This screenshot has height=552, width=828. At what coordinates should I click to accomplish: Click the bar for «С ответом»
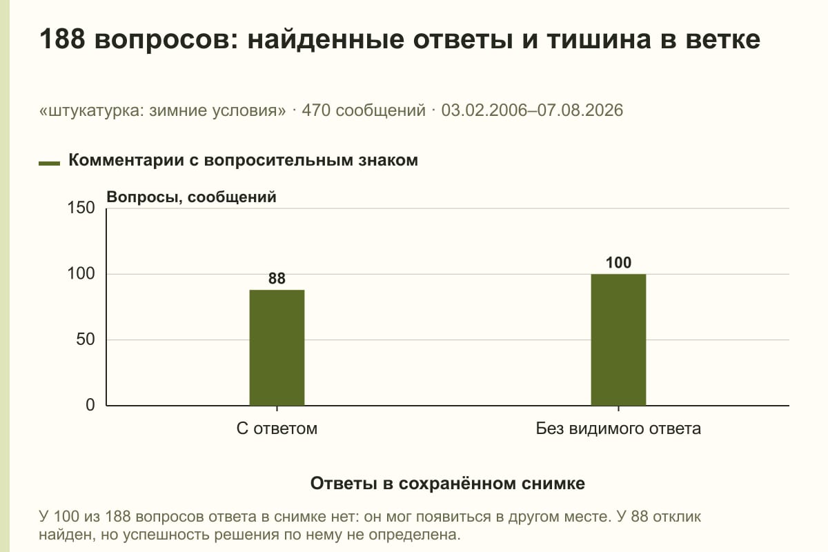tap(277, 348)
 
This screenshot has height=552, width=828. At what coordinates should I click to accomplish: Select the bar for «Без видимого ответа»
tap(618, 339)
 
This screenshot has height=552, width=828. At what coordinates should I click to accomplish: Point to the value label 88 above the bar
tap(277, 278)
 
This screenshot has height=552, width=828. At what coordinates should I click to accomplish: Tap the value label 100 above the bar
tap(618, 262)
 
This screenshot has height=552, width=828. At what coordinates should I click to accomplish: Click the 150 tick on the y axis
tap(81, 208)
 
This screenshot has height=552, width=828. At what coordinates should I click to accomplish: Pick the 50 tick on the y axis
tap(86, 339)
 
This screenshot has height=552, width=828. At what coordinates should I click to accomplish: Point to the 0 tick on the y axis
tap(90, 405)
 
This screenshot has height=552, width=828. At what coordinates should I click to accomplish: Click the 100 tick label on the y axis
tap(81, 274)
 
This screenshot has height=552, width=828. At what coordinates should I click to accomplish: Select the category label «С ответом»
tap(277, 428)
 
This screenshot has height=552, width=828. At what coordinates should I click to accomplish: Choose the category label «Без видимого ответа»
tap(618, 428)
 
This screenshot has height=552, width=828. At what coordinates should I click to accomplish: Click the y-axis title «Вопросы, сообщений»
tap(192, 197)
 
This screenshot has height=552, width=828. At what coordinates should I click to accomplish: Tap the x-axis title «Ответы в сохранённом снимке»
tap(448, 483)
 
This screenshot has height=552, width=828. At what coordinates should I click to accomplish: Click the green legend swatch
tap(49, 163)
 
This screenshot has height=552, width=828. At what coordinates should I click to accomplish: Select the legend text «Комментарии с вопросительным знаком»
tap(243, 160)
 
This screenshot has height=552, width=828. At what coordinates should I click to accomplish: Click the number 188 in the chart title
tap(62, 39)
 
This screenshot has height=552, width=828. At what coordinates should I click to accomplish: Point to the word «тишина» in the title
tap(599, 39)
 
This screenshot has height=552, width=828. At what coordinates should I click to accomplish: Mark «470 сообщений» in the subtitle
tap(364, 110)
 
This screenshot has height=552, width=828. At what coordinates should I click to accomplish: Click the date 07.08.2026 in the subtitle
tap(580, 110)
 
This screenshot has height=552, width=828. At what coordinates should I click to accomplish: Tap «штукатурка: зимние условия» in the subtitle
tap(163, 110)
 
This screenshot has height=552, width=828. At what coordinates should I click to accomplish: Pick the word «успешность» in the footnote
tap(168, 535)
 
